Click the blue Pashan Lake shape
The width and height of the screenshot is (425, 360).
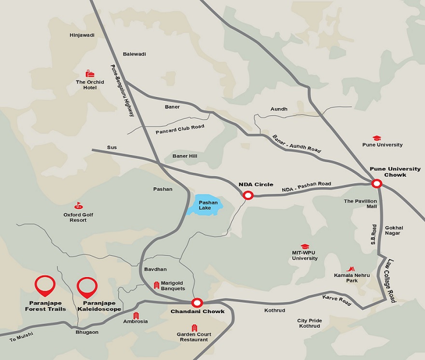click(x=205, y=206)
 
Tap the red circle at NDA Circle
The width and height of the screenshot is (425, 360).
click(x=248, y=195)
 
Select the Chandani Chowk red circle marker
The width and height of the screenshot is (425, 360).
click(x=196, y=303)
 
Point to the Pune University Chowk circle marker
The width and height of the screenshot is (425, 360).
click(x=377, y=183)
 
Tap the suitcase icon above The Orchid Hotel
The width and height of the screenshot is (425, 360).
click(x=90, y=73)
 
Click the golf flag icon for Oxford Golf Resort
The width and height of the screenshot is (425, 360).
click(x=78, y=206)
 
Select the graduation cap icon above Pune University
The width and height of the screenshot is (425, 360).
click(x=377, y=138)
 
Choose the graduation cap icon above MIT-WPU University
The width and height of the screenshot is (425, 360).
click(x=304, y=247)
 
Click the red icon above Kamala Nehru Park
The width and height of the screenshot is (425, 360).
click(x=351, y=268)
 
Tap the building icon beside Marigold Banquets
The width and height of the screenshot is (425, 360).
click(x=156, y=285)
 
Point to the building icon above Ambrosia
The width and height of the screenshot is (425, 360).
click(x=136, y=315)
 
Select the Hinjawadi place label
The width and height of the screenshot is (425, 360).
click(x=82, y=35)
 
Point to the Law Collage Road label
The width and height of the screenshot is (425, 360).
click(x=390, y=280)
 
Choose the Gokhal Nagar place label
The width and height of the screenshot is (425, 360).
click(x=394, y=230)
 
